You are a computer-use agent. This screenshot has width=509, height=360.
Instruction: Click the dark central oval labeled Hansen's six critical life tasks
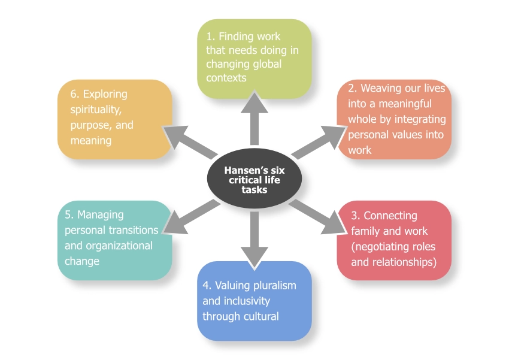coord(255,180)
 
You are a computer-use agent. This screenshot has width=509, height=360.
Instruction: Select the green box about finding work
coord(255,58)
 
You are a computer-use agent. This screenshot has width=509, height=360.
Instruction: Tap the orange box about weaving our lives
coord(394,119)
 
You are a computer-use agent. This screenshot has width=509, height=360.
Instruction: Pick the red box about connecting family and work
coord(394,240)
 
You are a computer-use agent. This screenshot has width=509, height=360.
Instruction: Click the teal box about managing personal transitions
coord(115,240)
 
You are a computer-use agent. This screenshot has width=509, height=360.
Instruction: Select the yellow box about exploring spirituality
coord(115,119)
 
